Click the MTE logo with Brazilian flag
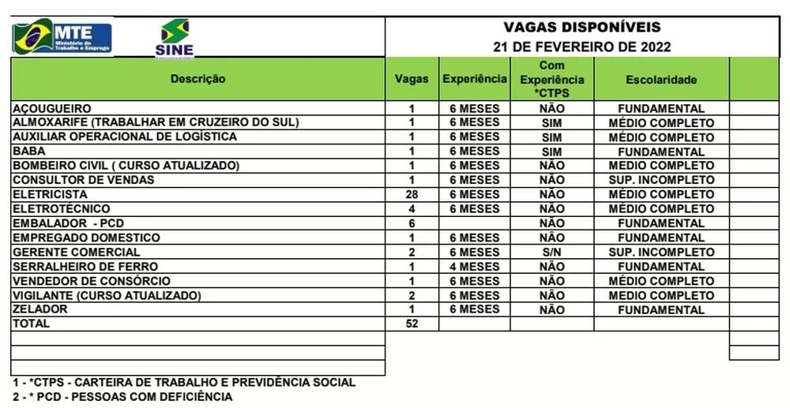62,36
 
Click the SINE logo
175,38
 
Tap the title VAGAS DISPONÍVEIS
581,28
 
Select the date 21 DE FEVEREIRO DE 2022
581,47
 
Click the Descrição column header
197,79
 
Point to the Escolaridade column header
661,80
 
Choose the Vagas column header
412,79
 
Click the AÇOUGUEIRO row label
52,108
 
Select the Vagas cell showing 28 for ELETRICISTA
412,194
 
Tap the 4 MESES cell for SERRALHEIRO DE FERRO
475,267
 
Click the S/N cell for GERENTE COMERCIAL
552,253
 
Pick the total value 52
412,324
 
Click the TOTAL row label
31,324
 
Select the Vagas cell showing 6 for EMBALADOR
412,223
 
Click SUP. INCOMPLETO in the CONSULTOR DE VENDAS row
661,180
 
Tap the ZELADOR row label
39,309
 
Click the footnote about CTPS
183,383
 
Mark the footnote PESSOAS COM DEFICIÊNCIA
122,397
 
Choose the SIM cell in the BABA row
552,152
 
